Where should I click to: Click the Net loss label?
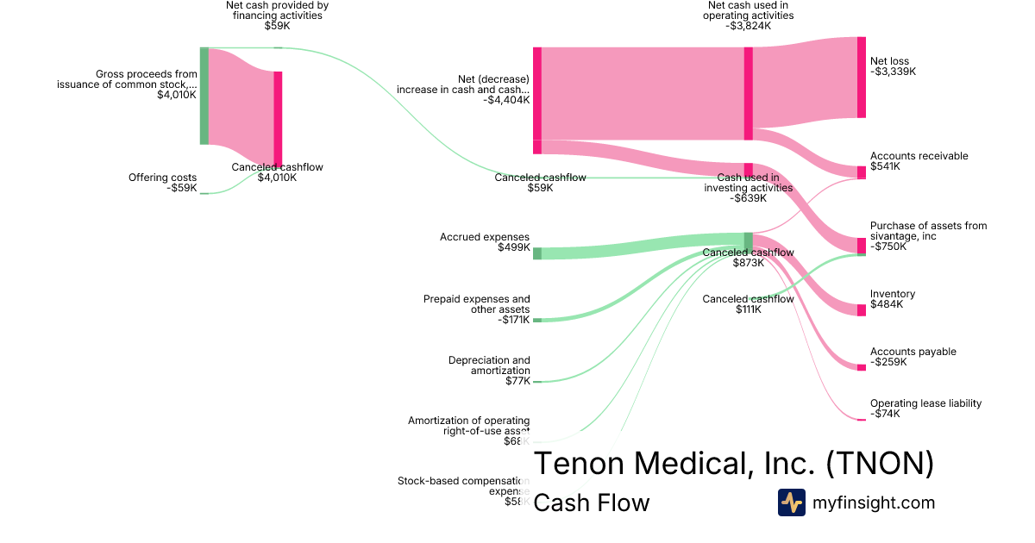893,66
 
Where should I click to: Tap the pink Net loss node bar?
861,78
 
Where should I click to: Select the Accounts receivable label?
919,161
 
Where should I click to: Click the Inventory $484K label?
893,299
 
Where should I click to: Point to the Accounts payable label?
913,357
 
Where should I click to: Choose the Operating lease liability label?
925,409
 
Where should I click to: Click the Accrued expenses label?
485,242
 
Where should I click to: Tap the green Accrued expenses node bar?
536,253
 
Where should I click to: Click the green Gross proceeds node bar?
204,96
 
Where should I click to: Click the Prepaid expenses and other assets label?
477,309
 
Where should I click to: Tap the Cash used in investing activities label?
748,188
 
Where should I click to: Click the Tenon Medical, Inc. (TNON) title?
733,464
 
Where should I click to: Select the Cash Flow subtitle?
591,502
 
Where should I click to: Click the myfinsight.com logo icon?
791,502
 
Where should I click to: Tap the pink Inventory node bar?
861,310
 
